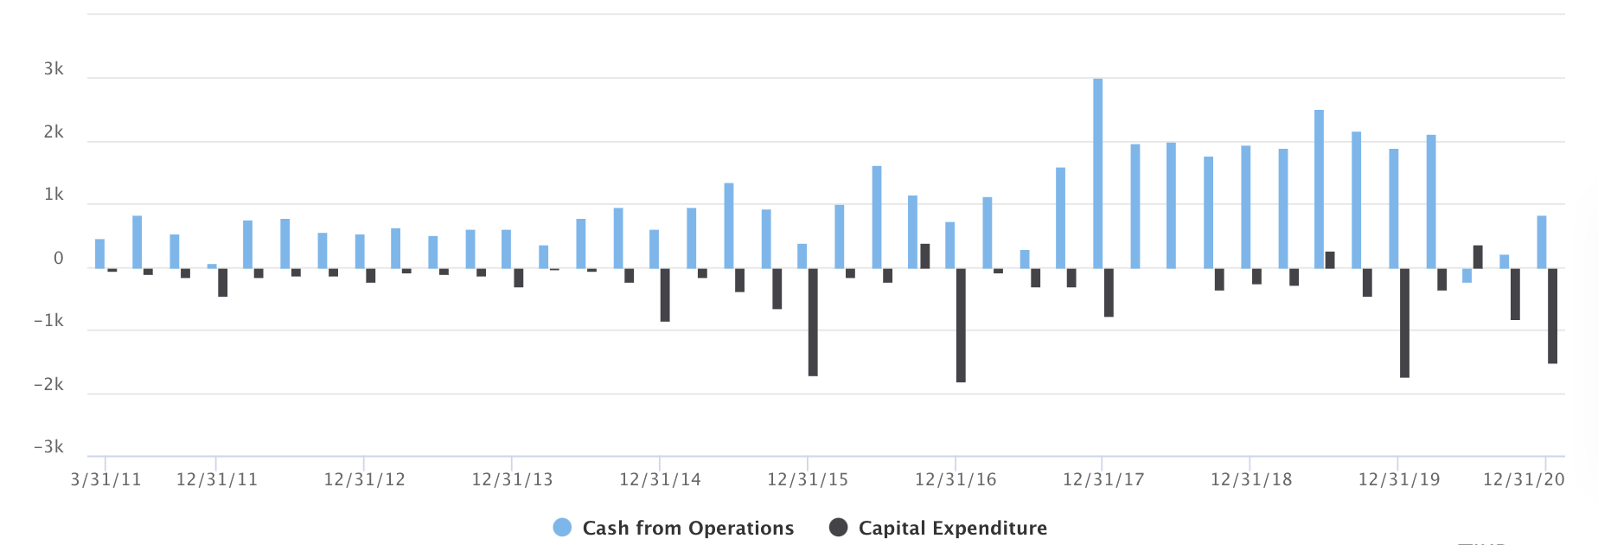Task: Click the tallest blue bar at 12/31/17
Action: click(x=1098, y=173)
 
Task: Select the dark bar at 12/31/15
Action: click(x=813, y=322)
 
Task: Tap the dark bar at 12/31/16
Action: click(x=961, y=325)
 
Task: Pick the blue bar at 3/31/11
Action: click(x=100, y=253)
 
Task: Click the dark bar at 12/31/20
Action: click(x=1552, y=316)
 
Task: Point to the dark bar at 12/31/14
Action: click(x=665, y=295)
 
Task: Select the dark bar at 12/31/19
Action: click(x=1404, y=323)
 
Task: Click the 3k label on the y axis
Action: click(x=54, y=69)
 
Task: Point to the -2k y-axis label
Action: click(x=48, y=384)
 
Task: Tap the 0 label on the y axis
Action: click(x=59, y=258)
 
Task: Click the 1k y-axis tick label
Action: click(x=54, y=195)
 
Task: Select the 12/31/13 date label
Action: click(x=512, y=479)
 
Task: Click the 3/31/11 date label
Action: click(x=105, y=479)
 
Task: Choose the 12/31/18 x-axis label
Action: click(x=1250, y=479)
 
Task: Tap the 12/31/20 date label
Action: click(x=1524, y=479)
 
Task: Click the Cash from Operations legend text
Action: click(x=687, y=528)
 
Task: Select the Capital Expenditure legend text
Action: click(x=952, y=528)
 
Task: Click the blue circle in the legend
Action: click(x=562, y=528)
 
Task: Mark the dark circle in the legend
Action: click(x=838, y=528)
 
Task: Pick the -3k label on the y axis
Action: click(x=48, y=447)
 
